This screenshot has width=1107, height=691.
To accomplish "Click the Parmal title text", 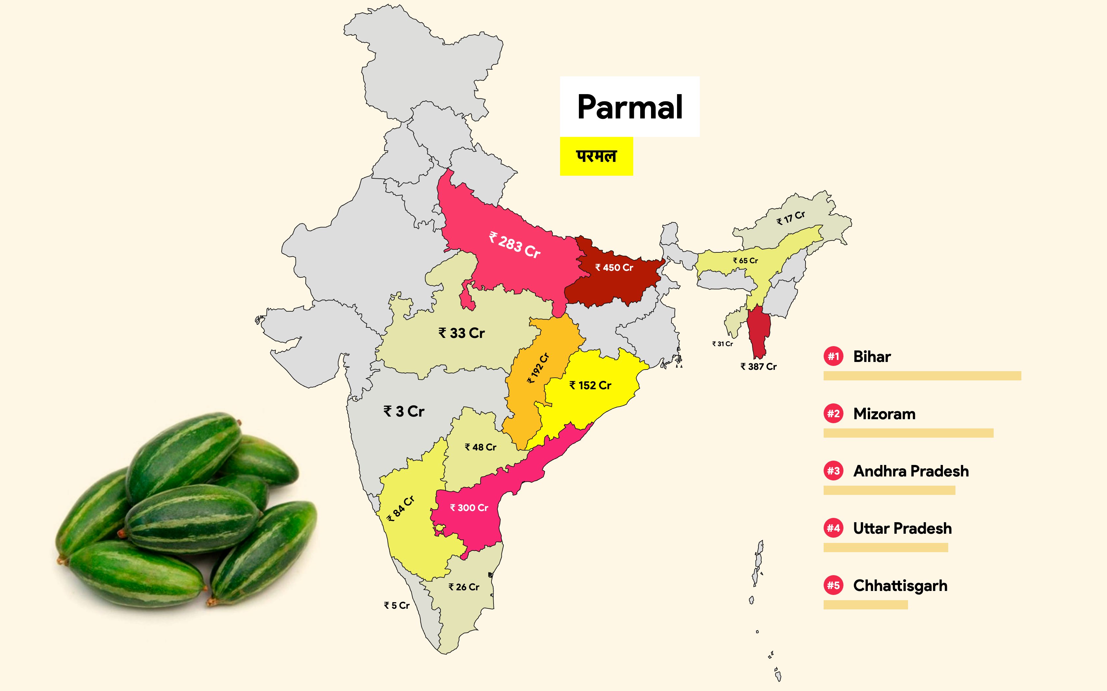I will [630, 107].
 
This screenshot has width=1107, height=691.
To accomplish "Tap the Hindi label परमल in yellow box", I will [596, 156].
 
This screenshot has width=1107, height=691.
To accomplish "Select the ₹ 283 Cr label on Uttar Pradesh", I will [515, 245].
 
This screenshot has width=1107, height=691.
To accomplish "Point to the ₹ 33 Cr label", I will [461, 333].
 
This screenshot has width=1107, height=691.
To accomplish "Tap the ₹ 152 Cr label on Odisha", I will [590, 386].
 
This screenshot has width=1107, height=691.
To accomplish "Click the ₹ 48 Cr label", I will [480, 448].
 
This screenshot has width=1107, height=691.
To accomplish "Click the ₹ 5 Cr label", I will [397, 605].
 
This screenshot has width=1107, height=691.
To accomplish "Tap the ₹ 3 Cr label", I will [404, 412].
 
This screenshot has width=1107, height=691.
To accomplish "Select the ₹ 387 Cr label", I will [758, 367].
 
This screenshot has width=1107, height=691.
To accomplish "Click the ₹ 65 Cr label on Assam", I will [745, 261].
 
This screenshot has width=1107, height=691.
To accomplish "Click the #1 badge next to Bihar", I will [834, 356].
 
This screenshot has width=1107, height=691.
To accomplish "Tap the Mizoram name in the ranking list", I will [884, 414].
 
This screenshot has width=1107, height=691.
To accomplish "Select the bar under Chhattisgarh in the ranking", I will [866, 605].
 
